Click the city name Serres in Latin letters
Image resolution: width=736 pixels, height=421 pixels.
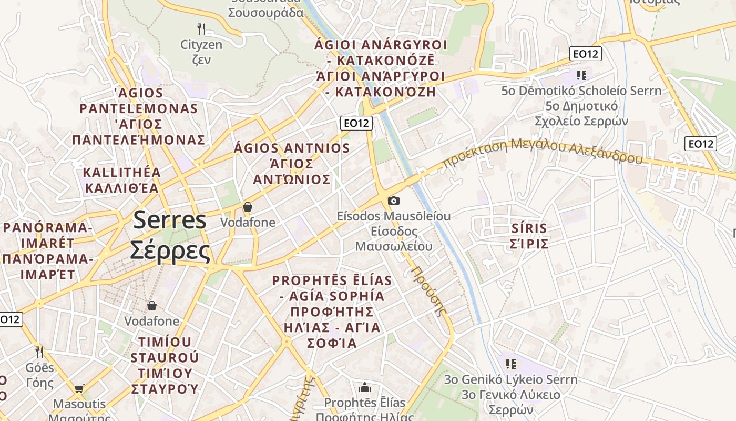169,219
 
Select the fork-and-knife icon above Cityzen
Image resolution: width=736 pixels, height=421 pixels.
201,29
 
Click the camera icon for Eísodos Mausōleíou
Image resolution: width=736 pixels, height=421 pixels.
393,201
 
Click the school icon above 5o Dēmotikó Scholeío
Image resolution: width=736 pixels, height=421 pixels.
581,75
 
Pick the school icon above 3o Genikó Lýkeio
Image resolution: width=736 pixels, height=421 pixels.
510,364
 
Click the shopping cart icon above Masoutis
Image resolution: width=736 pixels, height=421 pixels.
79,389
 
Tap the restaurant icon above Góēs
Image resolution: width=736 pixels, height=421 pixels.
39,351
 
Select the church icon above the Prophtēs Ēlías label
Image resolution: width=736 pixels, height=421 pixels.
365,388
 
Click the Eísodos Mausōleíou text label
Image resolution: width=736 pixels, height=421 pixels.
394,216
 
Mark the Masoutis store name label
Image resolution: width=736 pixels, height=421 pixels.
79,404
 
